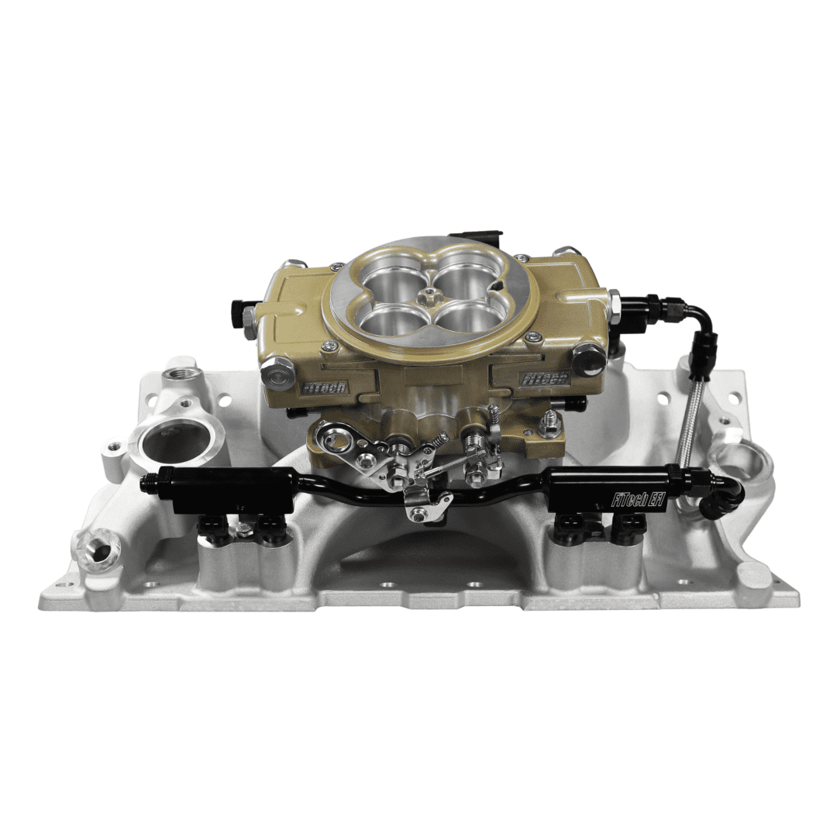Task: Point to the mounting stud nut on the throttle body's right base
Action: (x=550, y=425)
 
